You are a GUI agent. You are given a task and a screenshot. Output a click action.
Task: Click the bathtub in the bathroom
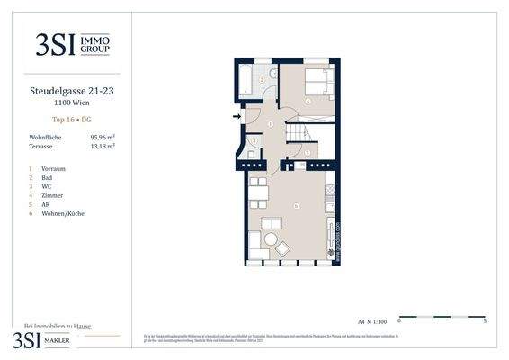tap(244, 81)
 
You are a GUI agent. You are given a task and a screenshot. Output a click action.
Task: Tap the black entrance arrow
tap(237, 116)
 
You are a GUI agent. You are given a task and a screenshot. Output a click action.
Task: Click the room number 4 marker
tap(308, 102)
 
